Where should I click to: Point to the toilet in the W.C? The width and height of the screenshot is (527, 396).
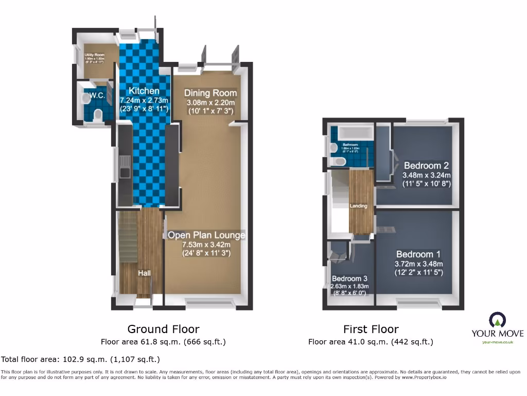pos(98,115)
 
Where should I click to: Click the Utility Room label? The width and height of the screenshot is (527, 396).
pos(95,55)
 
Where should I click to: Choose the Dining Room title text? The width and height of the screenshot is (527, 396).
pos(210,93)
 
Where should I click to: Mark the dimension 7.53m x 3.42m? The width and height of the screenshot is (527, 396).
pos(206,244)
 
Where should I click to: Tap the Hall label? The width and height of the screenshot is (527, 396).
pos(144,273)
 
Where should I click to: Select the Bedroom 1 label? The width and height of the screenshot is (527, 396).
pos(418,254)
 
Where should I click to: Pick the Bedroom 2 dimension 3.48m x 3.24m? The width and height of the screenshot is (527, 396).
pos(426,175)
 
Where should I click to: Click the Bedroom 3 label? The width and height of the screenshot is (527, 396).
pos(349,277)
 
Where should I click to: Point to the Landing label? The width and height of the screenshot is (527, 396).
pos(359,206)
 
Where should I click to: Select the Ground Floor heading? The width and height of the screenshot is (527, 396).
pos(163,329)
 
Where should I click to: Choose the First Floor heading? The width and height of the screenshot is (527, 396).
pos(371,329)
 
